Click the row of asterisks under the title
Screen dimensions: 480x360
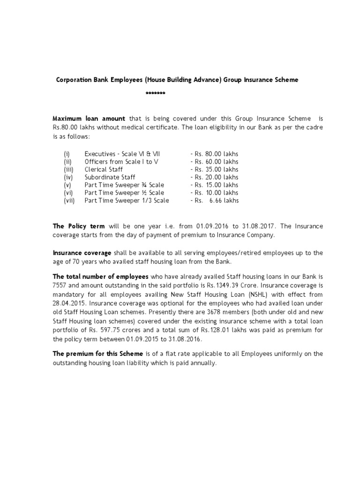(x=155, y=93)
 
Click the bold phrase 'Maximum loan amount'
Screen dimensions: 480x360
(x=89, y=119)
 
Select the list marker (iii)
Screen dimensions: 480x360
(x=68, y=169)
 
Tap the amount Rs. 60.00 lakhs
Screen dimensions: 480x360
(x=216, y=162)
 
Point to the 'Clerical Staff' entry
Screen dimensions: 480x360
(x=102, y=169)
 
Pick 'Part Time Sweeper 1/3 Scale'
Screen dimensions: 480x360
(x=127, y=201)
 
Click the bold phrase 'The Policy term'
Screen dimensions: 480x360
(x=78, y=226)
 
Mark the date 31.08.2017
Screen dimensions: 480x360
(x=254, y=226)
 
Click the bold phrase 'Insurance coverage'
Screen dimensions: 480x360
(x=82, y=253)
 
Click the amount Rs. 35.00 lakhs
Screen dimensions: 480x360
(x=216, y=169)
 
